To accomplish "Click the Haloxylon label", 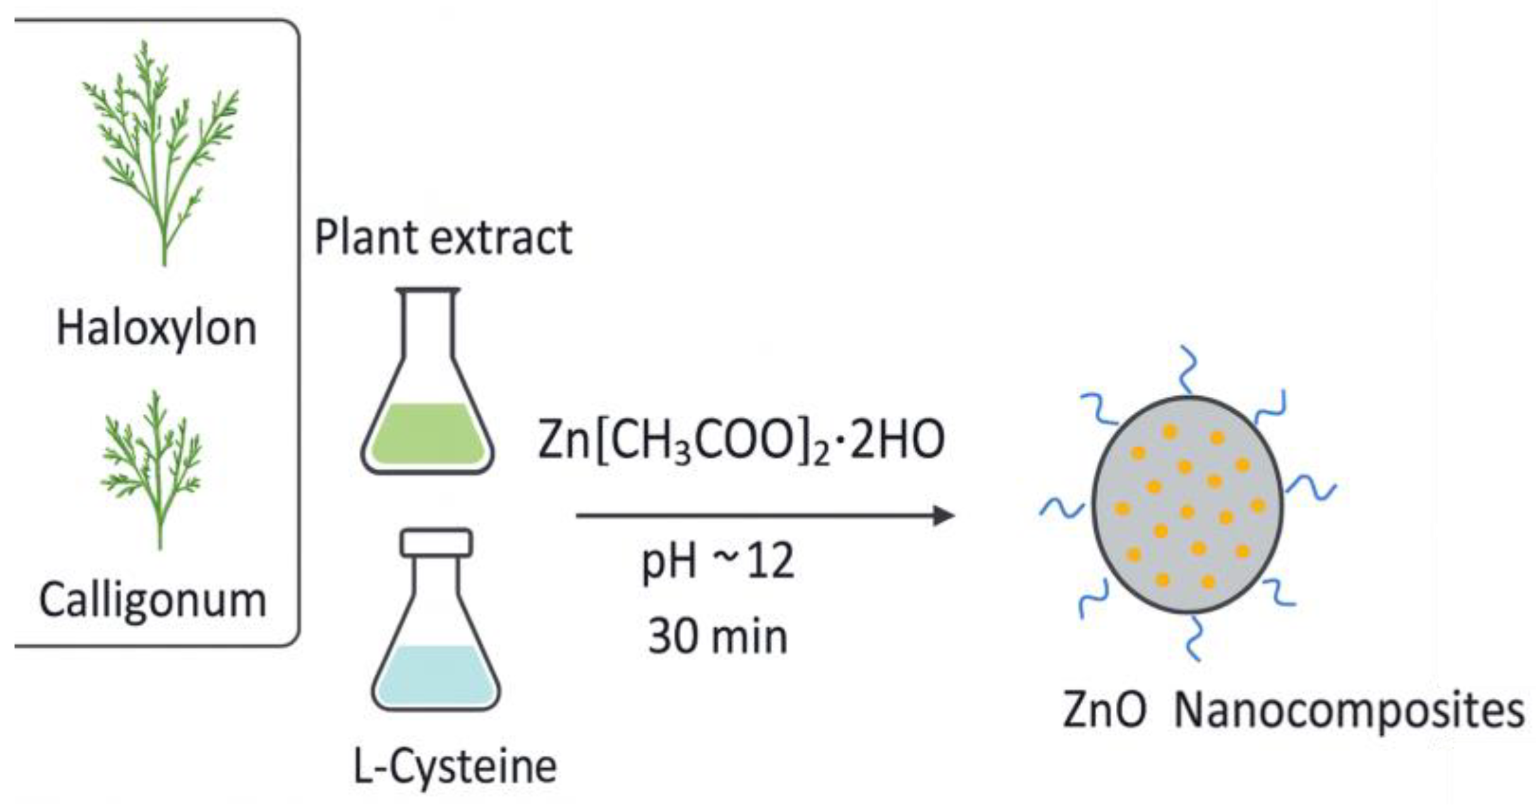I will pyautogui.click(x=157, y=329).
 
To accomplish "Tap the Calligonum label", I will pyautogui.click(x=152, y=600).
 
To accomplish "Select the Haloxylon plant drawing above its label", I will pyautogui.click(x=162, y=152).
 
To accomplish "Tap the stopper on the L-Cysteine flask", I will pyautogui.click(x=436, y=542).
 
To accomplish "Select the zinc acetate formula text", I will pyautogui.click(x=741, y=440).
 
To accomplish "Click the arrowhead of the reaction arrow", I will pyautogui.click(x=944, y=516).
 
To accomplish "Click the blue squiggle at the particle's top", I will pyautogui.click(x=1187, y=370).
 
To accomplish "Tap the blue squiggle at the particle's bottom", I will pyautogui.click(x=1194, y=638).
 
